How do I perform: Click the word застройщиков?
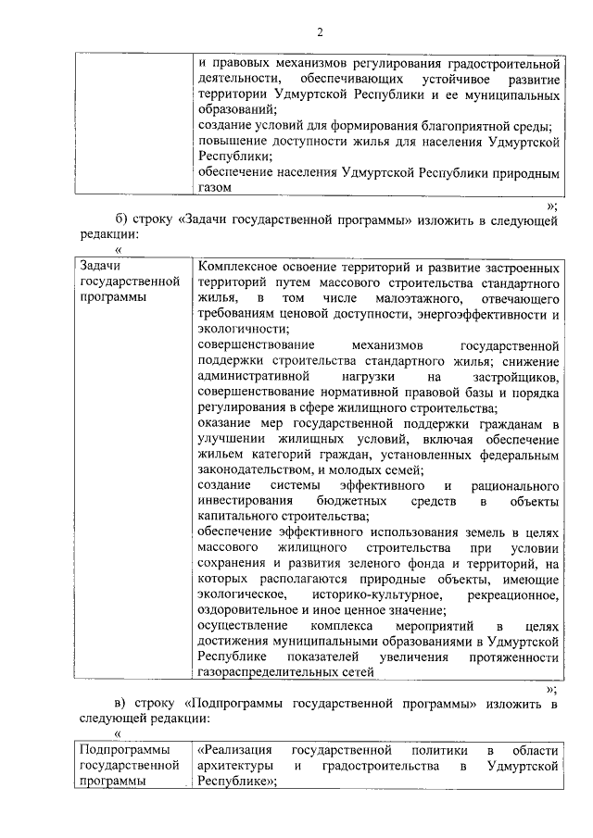(517, 377)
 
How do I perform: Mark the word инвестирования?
(244, 502)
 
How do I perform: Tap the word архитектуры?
(235, 766)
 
